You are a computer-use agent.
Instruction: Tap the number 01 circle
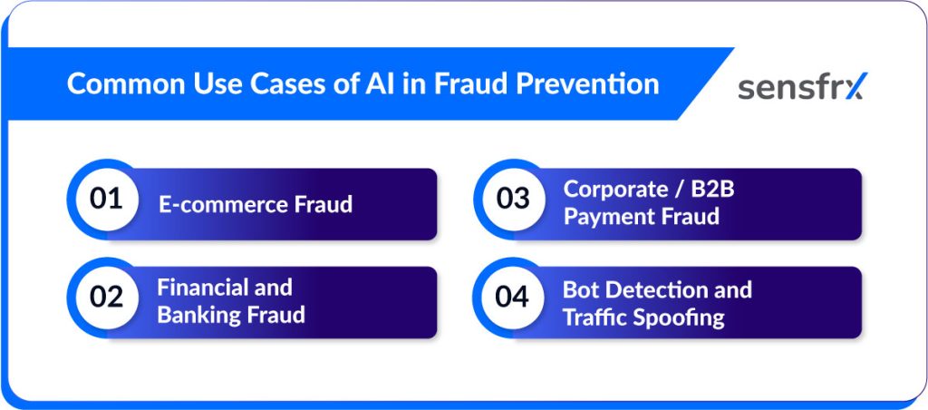107,199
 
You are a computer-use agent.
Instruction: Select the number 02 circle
107,298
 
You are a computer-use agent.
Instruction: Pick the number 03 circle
513,199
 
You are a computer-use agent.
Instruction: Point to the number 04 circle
513,298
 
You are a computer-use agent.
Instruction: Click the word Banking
198,315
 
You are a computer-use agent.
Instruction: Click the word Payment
603,217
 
